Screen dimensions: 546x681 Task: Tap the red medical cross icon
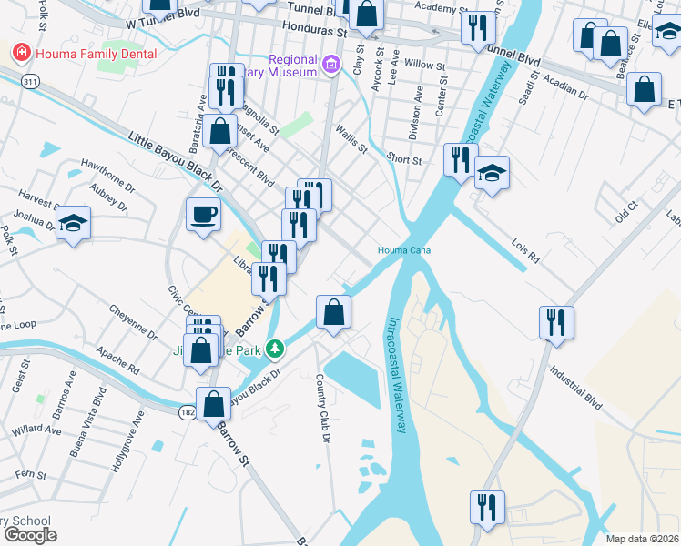pyautogui.click(x=19, y=54)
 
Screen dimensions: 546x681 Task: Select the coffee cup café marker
pyautogui.click(x=203, y=215)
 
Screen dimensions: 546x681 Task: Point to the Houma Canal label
pyautogui.click(x=405, y=250)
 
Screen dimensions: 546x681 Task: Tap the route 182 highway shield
pyautogui.click(x=186, y=412)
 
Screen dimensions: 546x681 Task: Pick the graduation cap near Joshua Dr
pyautogui.click(x=73, y=223)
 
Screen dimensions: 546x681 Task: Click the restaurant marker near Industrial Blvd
pyautogui.click(x=554, y=321)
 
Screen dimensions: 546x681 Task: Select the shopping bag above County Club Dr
pyautogui.click(x=334, y=312)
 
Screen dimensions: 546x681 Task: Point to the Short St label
pyautogui.click(x=404, y=159)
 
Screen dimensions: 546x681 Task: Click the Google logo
pyautogui.click(x=30, y=535)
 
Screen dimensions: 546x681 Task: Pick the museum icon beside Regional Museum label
pyautogui.click(x=331, y=64)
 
